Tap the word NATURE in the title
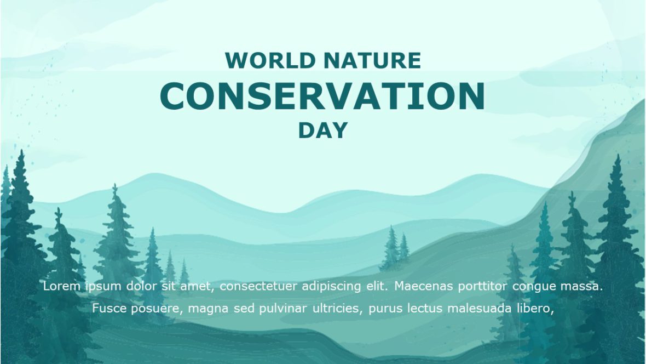pos(372,60)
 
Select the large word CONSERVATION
pos(322,96)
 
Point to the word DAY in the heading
pos(323,130)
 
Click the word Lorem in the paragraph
pos(61,286)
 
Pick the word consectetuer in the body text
pos(255,286)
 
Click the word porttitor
pos(483,286)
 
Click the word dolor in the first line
pos(141,286)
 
